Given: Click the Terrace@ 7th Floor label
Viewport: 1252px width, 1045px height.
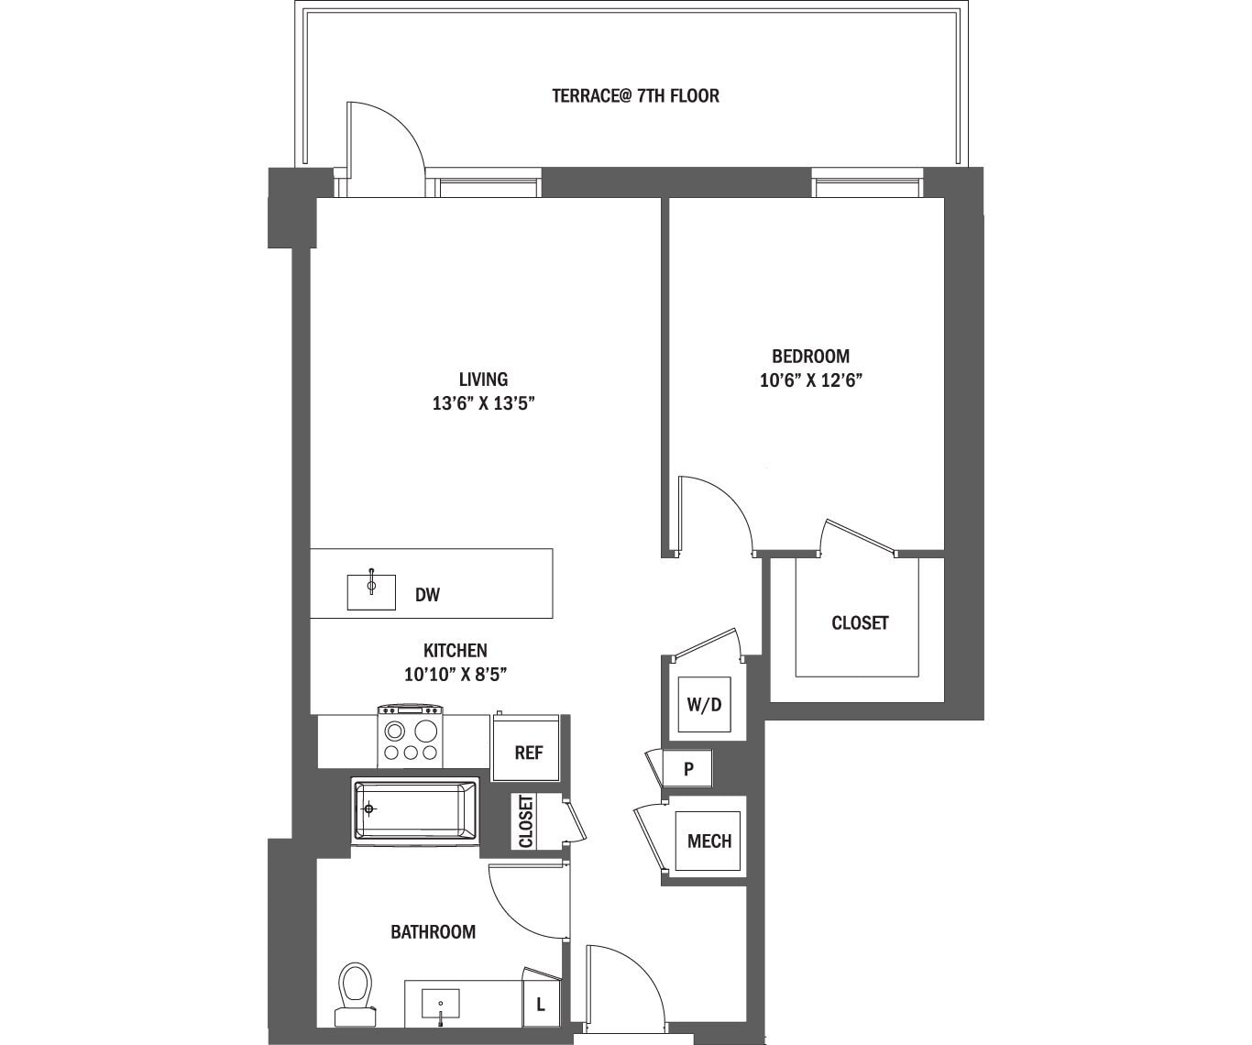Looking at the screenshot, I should pos(635,95).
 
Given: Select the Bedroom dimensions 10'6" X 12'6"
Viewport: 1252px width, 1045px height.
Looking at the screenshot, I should pos(811,379).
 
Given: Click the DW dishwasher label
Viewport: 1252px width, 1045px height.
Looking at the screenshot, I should pos(427,595).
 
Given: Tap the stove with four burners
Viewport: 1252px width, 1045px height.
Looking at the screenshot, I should pos(411,736).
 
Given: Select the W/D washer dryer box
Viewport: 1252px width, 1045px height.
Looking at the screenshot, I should pos(704,705).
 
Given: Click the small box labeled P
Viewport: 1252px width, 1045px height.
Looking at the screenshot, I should pos(688,769).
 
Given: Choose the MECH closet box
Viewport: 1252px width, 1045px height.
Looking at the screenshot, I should pos(708,841).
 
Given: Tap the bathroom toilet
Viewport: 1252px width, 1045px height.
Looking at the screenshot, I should pos(354,993).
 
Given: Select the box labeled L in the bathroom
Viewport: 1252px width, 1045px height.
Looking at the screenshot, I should pos(541,1005).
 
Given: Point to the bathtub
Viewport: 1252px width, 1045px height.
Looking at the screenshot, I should pos(416,809).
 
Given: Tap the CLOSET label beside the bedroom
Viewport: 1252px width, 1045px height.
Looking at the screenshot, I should pos(859,623).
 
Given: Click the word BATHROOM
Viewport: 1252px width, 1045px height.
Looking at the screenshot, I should pos(433,932).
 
